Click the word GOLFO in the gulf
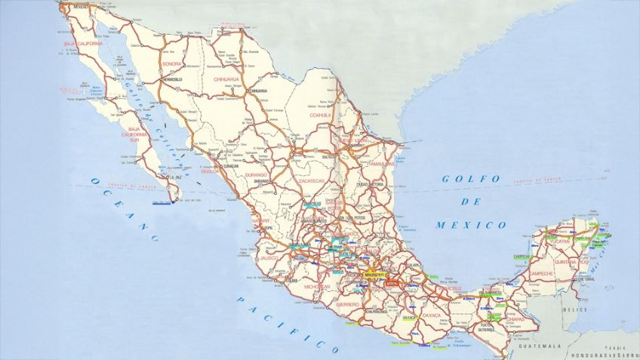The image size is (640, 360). click(471, 179)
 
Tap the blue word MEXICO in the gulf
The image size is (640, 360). click(481, 225)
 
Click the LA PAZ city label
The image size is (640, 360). click(175, 177)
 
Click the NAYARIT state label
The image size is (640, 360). click(260, 220)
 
